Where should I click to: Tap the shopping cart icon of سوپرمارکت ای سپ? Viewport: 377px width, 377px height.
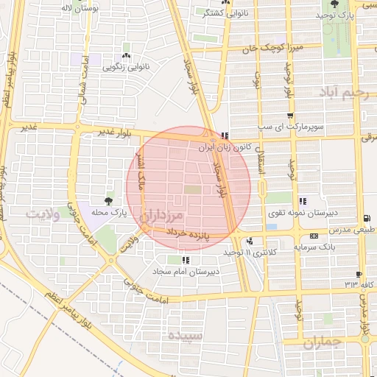292,116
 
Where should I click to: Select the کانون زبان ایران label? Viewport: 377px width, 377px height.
228,147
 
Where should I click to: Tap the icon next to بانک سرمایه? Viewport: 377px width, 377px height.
314,236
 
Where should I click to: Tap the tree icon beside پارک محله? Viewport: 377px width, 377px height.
109,200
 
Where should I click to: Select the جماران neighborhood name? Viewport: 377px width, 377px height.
323,341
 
